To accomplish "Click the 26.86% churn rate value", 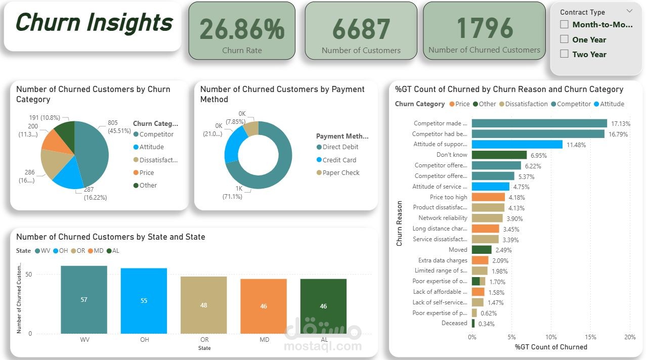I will point(242,29).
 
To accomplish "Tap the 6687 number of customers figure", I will point(361,29).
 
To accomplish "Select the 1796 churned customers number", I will point(485,28).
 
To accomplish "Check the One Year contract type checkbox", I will point(565,39).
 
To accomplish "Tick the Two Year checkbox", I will point(565,54).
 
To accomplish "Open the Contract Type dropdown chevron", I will point(629,11).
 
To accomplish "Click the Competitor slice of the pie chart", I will point(94,149).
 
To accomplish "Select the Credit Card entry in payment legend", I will point(339,160).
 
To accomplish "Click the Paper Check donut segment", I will point(251,128).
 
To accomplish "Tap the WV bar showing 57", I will point(84,300).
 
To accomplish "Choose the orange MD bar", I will point(264,306).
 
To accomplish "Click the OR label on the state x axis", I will point(204,340).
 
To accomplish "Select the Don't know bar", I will point(499,155).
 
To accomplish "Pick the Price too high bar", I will point(488,197).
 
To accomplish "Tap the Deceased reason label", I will point(454,323).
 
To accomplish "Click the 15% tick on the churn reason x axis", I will point(590,337).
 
